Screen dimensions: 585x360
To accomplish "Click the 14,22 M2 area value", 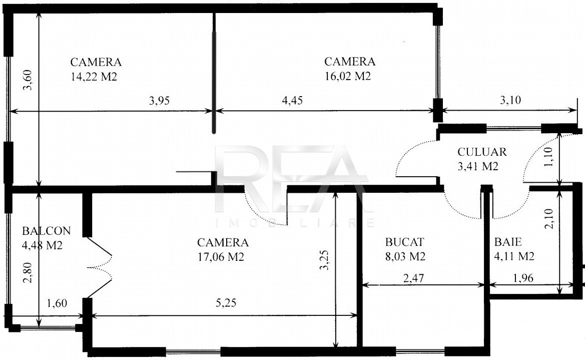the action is click(x=94, y=77).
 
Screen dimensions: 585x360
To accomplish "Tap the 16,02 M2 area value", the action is click(x=348, y=76).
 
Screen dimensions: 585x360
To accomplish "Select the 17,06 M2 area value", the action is click(x=221, y=257).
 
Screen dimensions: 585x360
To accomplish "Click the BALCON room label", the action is click(x=46, y=231).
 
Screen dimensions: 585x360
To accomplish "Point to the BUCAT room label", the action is click(x=405, y=242).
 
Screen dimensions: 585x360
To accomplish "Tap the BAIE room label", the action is click(x=508, y=242).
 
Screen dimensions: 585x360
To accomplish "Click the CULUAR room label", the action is click(x=482, y=152).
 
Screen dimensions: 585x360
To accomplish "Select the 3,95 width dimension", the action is click(x=159, y=101).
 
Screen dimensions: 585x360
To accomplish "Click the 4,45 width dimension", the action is click(x=292, y=101).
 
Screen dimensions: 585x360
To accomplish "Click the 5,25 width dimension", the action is click(x=226, y=302).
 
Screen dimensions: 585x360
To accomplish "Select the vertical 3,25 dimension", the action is click(x=324, y=260).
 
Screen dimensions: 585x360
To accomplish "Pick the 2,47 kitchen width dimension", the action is click(x=413, y=278).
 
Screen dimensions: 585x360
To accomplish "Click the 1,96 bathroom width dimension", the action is click(x=523, y=278).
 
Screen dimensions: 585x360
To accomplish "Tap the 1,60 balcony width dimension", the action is click(x=57, y=303).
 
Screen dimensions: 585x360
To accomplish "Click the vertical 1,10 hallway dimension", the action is click(x=548, y=157).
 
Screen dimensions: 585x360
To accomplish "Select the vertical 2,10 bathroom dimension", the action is click(x=549, y=219).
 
